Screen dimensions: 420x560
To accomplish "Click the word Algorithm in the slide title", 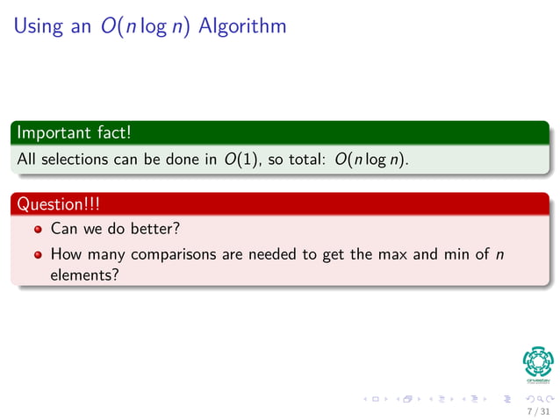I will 242,26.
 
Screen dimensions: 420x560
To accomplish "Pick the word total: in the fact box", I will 302,160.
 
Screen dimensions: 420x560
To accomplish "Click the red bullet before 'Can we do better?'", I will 38,231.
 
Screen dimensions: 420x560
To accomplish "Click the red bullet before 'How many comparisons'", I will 38,255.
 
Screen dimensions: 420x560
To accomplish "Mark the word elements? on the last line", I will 84,274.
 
